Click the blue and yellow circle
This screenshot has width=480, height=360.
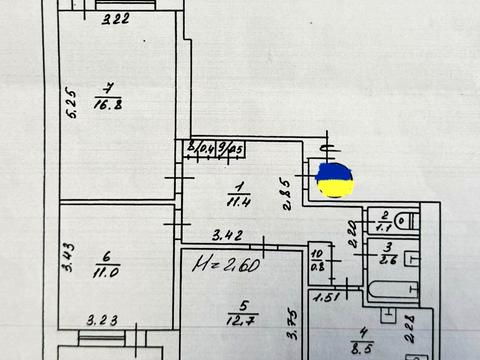[334, 180]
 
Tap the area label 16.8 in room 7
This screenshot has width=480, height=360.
[108, 102]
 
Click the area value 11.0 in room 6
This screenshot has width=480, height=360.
[108, 270]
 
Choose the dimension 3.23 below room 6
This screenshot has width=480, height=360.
[102, 321]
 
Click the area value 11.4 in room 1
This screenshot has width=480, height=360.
[239, 201]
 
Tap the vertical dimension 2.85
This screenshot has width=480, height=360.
[287, 193]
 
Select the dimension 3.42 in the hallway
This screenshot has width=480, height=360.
[227, 237]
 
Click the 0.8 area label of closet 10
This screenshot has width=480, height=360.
[318, 265]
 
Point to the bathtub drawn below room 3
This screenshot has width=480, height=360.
[392, 290]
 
